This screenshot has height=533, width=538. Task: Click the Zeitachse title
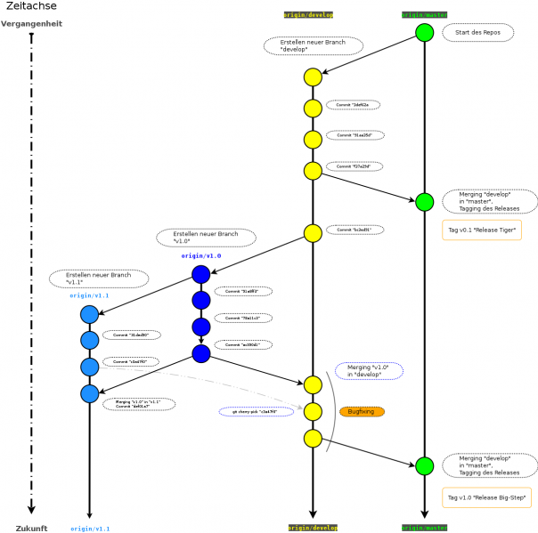tap(30, 6)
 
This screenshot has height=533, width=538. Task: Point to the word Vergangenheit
tap(31, 24)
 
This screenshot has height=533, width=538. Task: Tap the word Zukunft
tap(31, 529)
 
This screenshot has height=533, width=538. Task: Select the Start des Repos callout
tap(477, 33)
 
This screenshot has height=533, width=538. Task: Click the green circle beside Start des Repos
tap(424, 33)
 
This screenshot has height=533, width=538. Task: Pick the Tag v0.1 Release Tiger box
tap(482, 230)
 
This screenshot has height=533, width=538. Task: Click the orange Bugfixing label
tap(362, 412)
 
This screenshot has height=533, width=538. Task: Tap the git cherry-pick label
tap(256, 412)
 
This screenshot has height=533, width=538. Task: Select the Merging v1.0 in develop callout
tap(369, 371)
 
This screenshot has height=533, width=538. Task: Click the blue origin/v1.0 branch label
tap(200, 255)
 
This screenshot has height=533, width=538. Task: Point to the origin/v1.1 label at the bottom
tap(90, 529)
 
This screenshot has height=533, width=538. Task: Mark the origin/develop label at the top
tap(308, 15)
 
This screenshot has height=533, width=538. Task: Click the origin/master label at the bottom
tap(424, 528)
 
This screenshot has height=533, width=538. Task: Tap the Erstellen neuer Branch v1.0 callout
tap(206, 238)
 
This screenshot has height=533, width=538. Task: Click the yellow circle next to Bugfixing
tap(313, 411)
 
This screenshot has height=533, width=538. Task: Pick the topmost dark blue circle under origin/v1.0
tap(200, 275)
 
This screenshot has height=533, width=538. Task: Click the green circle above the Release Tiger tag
tap(424, 202)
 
